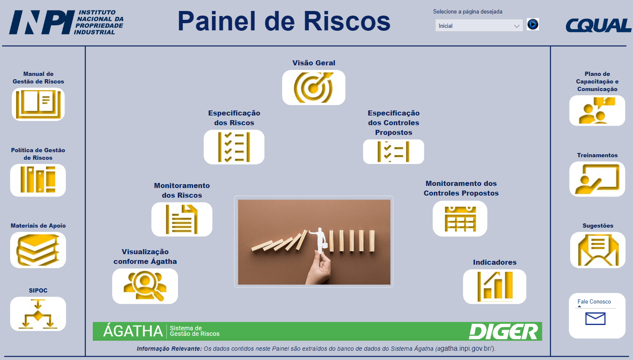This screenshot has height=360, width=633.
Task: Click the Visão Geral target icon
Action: tap(313, 88)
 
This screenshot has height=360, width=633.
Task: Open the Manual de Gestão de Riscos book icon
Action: tap(38, 104)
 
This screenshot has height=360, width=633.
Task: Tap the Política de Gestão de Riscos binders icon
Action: tap(38, 180)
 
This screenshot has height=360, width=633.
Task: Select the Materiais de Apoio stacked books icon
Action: tap(38, 250)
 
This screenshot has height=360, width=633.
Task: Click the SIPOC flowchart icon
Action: tap(38, 314)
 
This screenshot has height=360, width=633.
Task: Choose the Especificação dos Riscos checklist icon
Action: tap(234, 147)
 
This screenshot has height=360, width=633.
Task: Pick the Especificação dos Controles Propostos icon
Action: tap(393, 152)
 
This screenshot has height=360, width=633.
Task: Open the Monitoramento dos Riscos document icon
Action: tap(182, 219)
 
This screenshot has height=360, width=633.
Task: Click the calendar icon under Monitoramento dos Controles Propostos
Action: tap(461, 219)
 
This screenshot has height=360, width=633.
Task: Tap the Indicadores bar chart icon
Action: tap(495, 287)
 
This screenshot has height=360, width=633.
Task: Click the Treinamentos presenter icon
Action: tap(597, 179)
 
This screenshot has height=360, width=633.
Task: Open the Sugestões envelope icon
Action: tap(598, 250)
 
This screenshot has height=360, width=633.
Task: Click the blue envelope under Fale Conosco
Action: tap(595, 319)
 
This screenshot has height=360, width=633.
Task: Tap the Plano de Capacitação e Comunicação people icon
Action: tap(597, 110)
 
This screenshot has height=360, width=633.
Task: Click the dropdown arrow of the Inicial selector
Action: tap(517, 26)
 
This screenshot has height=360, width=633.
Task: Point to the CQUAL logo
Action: tap(598, 25)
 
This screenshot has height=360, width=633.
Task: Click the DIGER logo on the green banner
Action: tap(503, 331)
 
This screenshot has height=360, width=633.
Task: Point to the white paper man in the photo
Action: tap(319, 240)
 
